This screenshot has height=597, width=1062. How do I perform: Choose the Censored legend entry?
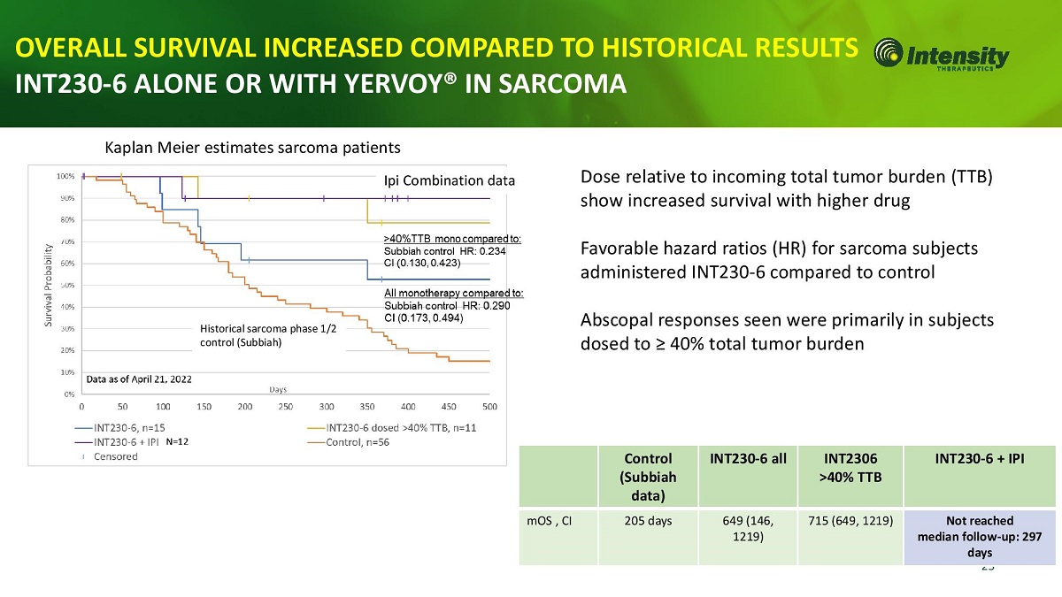tap(116, 456)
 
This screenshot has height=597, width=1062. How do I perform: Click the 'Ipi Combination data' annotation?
tap(449, 181)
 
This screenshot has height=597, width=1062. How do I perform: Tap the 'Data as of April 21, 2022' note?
tap(138, 379)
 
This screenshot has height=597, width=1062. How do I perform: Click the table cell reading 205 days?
tap(647, 521)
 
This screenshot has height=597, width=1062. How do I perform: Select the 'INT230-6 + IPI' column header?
tap(980, 459)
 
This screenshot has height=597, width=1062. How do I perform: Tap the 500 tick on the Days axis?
tap(489, 407)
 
